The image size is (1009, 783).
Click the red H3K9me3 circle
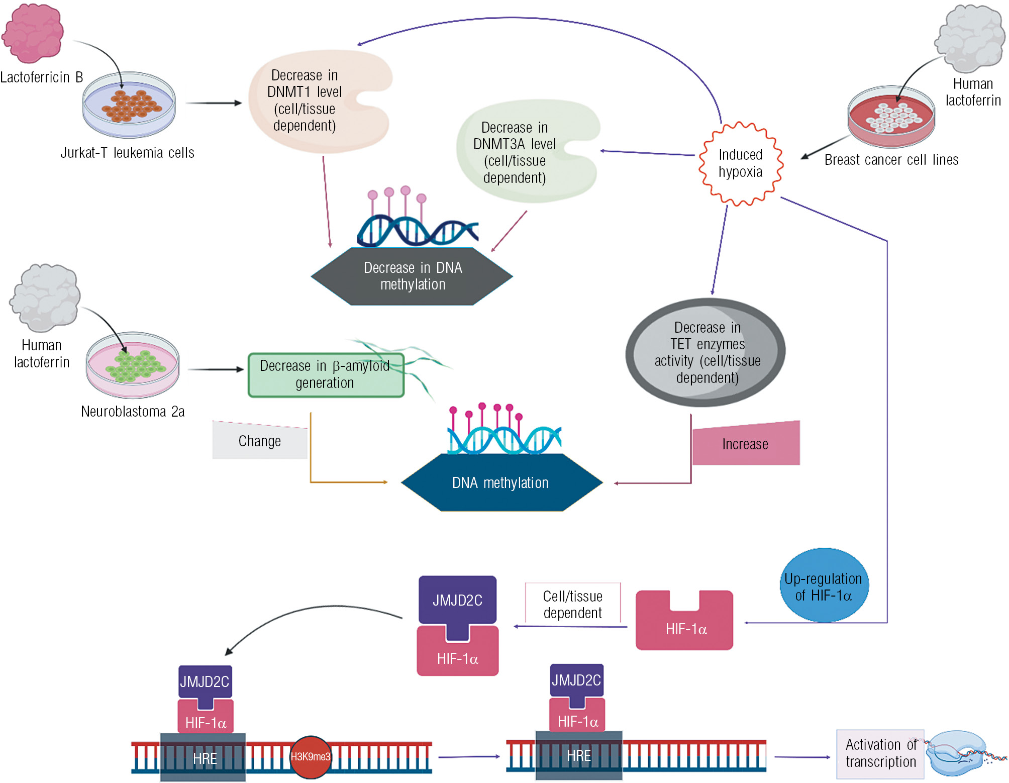(311, 756)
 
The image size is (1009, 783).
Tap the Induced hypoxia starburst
(740, 163)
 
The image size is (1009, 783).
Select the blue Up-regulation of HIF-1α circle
(824, 586)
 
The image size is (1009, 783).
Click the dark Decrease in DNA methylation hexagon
(412, 276)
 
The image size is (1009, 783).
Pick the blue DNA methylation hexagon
(501, 482)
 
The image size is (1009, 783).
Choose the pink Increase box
(746, 444)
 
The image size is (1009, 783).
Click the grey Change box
(259, 441)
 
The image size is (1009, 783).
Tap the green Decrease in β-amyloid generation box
(326, 375)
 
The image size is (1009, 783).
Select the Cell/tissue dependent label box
(572, 604)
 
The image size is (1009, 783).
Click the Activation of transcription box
(880, 753)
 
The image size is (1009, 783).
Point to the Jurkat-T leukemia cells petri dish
(129, 106)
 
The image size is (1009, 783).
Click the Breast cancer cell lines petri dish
(891, 117)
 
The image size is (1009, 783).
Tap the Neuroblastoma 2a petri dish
(133, 365)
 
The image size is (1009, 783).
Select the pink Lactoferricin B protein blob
(33, 33)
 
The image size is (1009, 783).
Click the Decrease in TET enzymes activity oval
(705, 352)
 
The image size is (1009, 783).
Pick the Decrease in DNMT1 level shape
(312, 101)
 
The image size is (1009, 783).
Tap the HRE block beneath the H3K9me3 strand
(204, 757)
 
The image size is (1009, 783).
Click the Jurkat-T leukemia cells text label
(127, 153)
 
